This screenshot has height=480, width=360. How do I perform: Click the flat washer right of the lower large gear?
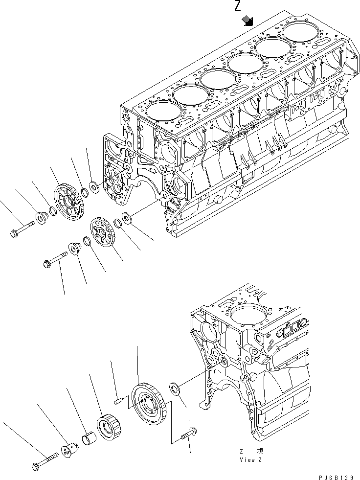pyautogui.click(x=176, y=389)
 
